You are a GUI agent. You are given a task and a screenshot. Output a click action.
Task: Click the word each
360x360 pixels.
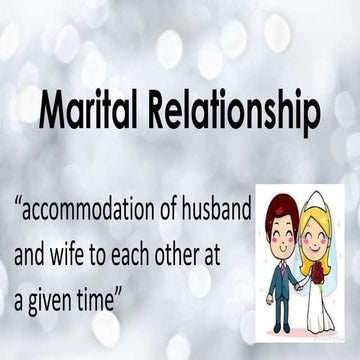(139, 243)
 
